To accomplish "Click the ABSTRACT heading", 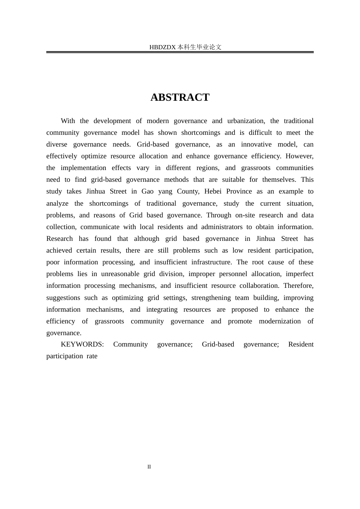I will coord(180,97).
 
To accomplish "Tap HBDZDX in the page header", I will coord(163,47).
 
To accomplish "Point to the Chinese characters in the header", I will coord(199,47).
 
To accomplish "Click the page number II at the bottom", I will coord(149,467).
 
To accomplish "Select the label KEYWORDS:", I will coord(82,344).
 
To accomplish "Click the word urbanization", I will coord(246,121).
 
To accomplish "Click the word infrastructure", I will coord(211,262).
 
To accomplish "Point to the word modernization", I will coord(280,321).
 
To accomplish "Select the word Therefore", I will coord(298,286).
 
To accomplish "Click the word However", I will coord(299,156).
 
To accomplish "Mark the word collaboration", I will coord(259,286).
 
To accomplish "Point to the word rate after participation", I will coord(92,356).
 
